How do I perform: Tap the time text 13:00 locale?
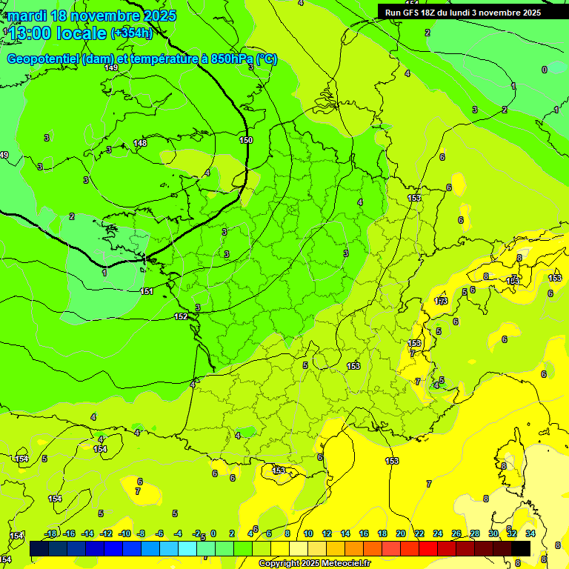tap(58, 33)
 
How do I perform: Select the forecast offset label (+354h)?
tap(131, 33)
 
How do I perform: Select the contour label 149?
tap(111, 68)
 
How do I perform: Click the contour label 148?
tap(140, 143)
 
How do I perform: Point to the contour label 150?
tap(246, 140)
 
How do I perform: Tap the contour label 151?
tap(147, 291)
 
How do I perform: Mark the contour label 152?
tap(181, 316)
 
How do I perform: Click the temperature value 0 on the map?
tap(545, 70)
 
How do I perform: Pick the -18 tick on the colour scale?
tap(50, 533)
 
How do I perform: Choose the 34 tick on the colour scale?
tap(530, 533)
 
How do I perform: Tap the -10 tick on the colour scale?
tap(124, 533)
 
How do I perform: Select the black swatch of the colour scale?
tap(521, 548)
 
